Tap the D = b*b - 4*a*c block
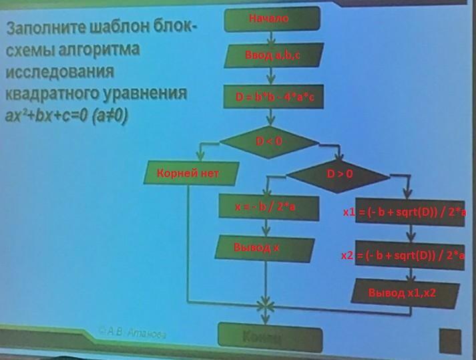tap(274, 98)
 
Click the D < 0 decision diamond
tap(269, 141)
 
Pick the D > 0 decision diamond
tap(338, 174)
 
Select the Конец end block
tap(270, 335)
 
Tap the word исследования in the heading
tap(60, 71)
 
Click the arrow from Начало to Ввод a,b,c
tap(269, 38)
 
